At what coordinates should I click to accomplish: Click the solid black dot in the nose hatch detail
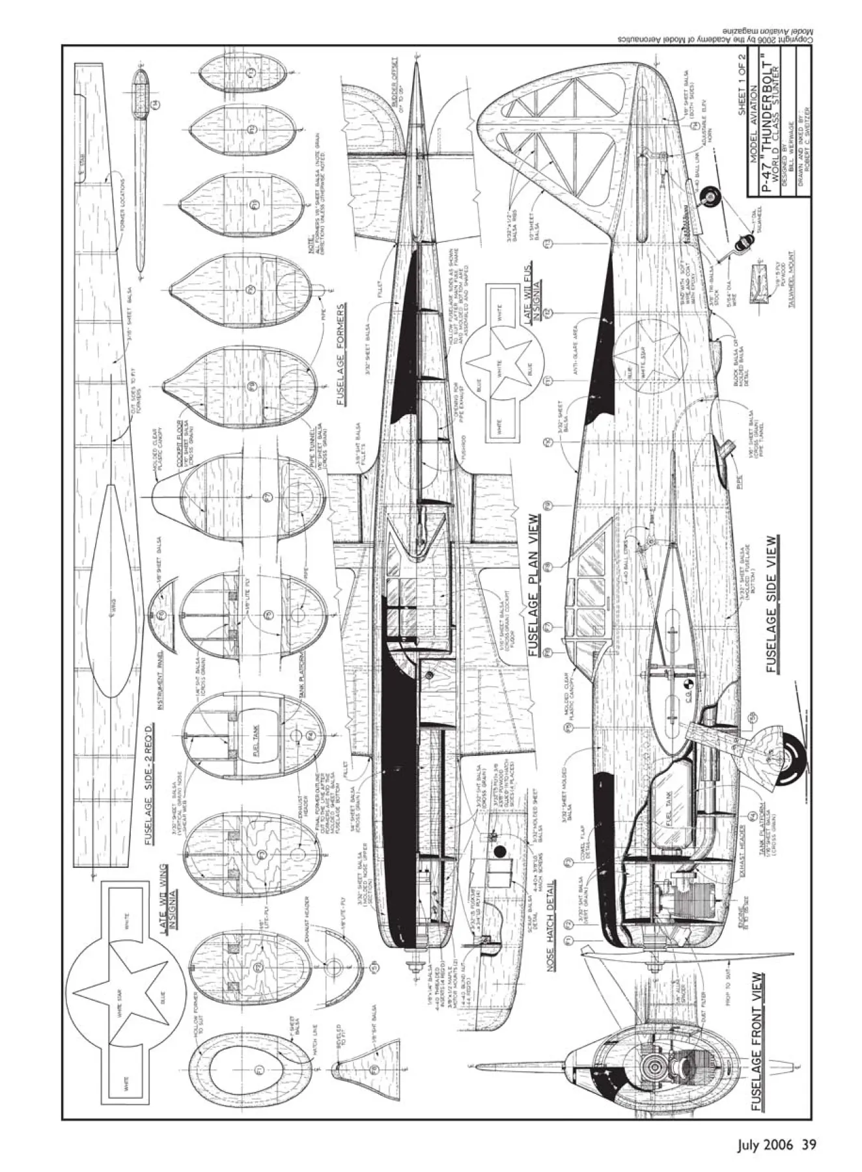pos(500,850)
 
